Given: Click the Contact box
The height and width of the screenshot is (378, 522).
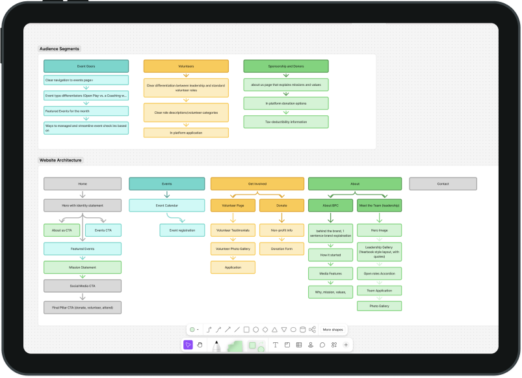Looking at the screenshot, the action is pyautogui.click(x=443, y=184).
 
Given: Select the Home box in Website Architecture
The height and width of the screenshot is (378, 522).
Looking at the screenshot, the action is pyautogui.click(x=83, y=184).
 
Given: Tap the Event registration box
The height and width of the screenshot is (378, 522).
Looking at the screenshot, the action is pyautogui.click(x=182, y=230).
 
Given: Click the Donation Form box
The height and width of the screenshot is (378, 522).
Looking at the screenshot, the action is pyautogui.click(x=281, y=248).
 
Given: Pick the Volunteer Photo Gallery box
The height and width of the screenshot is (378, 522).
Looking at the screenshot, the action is pyautogui.click(x=233, y=248).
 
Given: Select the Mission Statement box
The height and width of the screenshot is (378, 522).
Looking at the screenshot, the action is pyautogui.click(x=83, y=267).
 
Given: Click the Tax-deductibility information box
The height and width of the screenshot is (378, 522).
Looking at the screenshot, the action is pyautogui.click(x=286, y=122).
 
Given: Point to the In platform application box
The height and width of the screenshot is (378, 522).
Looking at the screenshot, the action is pyautogui.click(x=186, y=133).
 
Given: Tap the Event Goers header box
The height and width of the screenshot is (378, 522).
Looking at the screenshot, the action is pyautogui.click(x=86, y=66).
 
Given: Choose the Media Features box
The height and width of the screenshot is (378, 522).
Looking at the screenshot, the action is pyautogui.click(x=330, y=273).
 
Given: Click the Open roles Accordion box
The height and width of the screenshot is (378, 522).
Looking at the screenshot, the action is pyautogui.click(x=379, y=273).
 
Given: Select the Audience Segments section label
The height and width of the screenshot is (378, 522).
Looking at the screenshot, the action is pyautogui.click(x=59, y=49).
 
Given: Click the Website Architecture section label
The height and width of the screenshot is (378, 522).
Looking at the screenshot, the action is pyautogui.click(x=61, y=160).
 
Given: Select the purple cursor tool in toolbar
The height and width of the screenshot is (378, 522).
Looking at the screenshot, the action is pyautogui.click(x=188, y=345).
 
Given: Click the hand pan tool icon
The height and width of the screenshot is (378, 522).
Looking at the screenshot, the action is pyautogui.click(x=200, y=345).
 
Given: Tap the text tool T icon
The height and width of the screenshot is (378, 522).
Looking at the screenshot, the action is pyautogui.click(x=276, y=345).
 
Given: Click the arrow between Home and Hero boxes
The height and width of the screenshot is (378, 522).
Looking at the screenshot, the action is pyautogui.click(x=83, y=195).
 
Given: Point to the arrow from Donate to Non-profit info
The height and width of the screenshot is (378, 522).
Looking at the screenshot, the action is pyautogui.click(x=281, y=218).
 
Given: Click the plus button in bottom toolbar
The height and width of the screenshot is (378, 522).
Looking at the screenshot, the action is pyautogui.click(x=346, y=345).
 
